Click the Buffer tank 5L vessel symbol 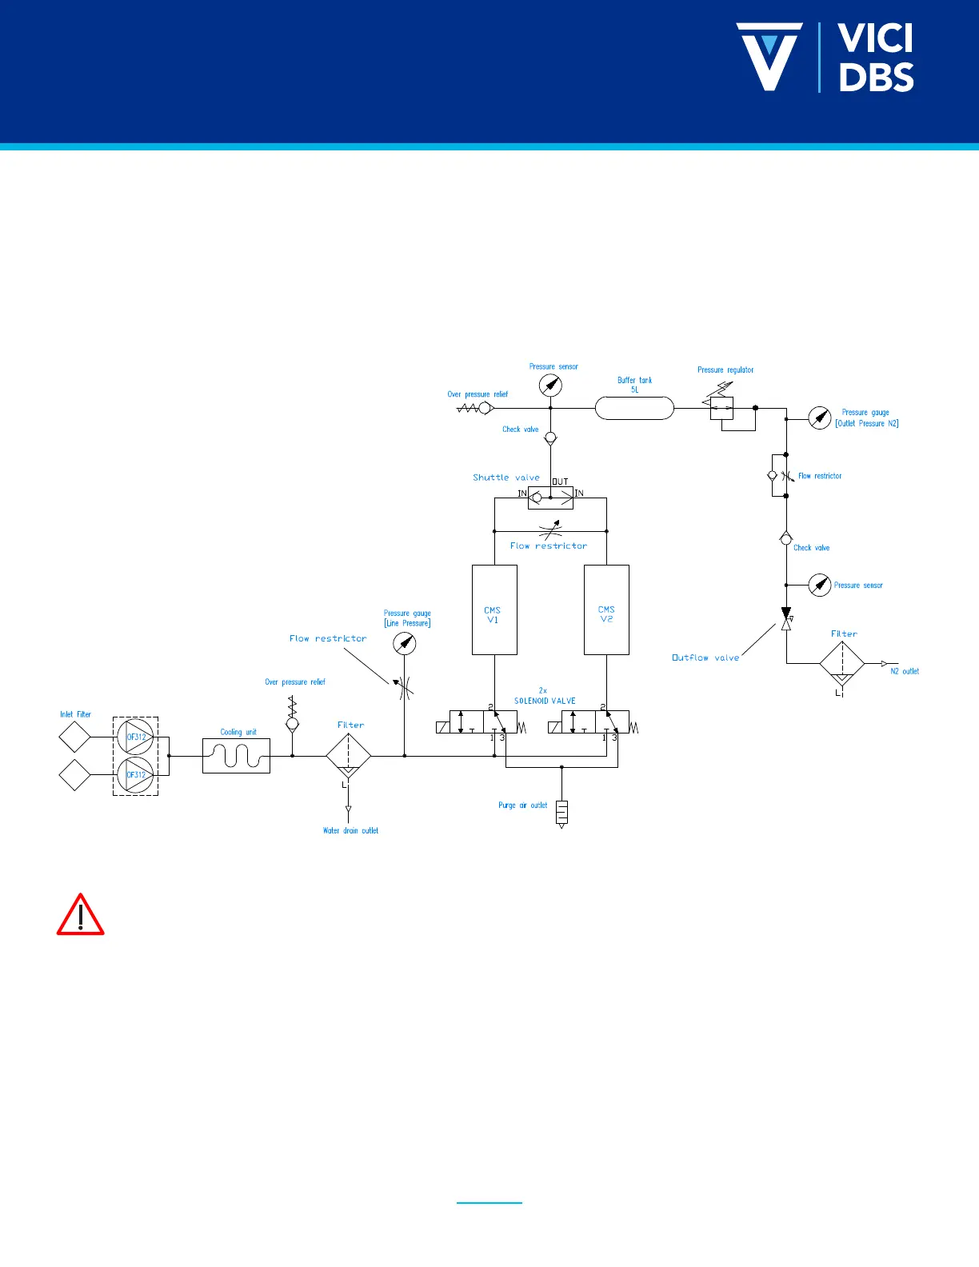pyautogui.click(x=634, y=408)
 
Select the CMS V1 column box pyautogui.click(x=494, y=610)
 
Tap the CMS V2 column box pyautogui.click(x=606, y=610)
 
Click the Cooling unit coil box pyautogui.click(x=236, y=755)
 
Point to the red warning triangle pyautogui.click(x=80, y=915)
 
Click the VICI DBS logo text pyautogui.click(x=875, y=58)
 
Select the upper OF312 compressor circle pyautogui.click(x=135, y=737)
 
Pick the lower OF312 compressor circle pyautogui.click(x=135, y=774)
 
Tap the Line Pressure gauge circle pyautogui.click(x=406, y=643)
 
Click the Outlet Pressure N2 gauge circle pyautogui.click(x=820, y=418)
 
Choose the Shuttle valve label pyautogui.click(x=506, y=478)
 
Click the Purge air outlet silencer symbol pyautogui.click(x=561, y=812)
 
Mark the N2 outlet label pyautogui.click(x=905, y=671)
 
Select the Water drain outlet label pyautogui.click(x=350, y=830)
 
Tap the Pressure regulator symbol pyautogui.click(x=721, y=407)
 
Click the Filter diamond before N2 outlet pyautogui.click(x=842, y=664)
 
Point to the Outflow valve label pyautogui.click(x=705, y=657)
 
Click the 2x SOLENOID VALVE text pyautogui.click(x=545, y=696)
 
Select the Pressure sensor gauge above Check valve pyautogui.click(x=550, y=386)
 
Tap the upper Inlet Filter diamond pyautogui.click(x=74, y=737)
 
